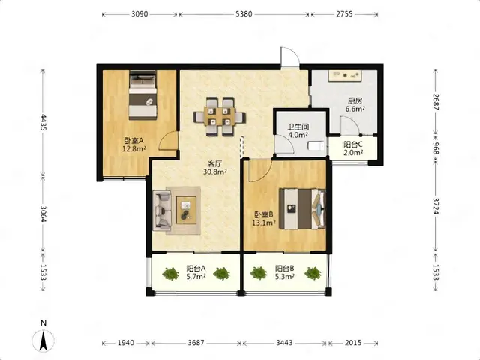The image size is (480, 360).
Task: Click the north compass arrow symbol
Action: point(43,340)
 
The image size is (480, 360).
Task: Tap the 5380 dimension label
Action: point(244,14)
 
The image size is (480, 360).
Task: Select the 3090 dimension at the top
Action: point(139,14)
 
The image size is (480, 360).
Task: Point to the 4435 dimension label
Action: point(43,122)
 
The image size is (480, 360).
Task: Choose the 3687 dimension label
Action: point(196,343)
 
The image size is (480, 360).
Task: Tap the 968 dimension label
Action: point(436,148)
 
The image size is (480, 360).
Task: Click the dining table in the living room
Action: point(220,117)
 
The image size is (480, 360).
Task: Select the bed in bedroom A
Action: point(142,95)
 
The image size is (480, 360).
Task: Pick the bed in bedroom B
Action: point(303,208)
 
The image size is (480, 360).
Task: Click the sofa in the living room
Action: point(162,211)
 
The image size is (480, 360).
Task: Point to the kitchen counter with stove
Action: point(345,76)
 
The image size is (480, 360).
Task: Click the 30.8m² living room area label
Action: point(215,172)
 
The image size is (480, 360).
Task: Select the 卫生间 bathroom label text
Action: point(298,127)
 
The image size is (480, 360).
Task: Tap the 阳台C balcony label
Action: point(353,144)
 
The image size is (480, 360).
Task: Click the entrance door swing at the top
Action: point(290,57)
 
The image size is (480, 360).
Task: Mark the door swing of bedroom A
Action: point(168,141)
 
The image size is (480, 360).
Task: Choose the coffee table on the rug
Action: point(186,210)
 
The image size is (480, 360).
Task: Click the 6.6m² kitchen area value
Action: point(355,109)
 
